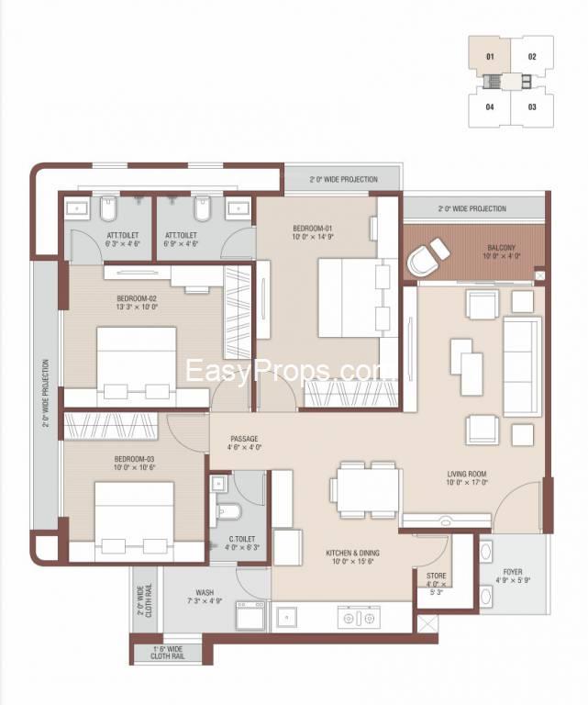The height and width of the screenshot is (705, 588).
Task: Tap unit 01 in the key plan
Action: pos(490,56)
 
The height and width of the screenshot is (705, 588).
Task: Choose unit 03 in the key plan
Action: pos(532,106)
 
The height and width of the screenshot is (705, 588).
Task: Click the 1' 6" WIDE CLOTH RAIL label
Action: pos(168,654)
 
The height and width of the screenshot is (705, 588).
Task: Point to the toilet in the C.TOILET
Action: pos(230,511)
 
